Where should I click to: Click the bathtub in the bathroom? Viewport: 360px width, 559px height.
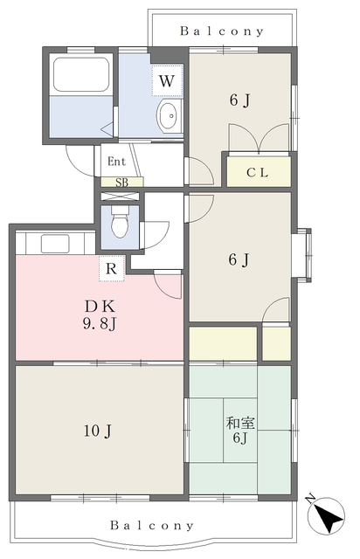point(81,73)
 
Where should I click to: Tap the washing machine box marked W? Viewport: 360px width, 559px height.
point(167,80)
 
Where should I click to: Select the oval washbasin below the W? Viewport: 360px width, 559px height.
point(168,116)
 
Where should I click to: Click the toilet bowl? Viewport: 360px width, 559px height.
point(120,223)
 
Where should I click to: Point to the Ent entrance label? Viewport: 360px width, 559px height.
point(117,162)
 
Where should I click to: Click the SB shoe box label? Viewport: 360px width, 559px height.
point(121,183)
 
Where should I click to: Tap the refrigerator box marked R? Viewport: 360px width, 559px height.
point(112,268)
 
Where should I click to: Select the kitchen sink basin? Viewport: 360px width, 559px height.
point(55,244)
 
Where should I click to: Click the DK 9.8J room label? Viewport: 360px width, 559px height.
point(100,315)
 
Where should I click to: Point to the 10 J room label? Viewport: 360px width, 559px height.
point(98,431)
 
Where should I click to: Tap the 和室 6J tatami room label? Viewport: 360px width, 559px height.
point(240,430)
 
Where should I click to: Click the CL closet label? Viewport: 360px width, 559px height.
point(258,173)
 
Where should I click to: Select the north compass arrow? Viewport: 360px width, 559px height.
point(326,516)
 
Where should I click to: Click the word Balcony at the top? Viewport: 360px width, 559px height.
point(222,31)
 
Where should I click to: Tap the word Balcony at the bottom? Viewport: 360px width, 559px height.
point(152,525)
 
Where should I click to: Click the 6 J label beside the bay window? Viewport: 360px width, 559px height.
point(239,259)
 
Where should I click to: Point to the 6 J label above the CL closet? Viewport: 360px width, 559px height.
point(239,100)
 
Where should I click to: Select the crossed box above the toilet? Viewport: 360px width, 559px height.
point(120,197)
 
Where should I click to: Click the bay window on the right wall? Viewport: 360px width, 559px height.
point(301,255)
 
